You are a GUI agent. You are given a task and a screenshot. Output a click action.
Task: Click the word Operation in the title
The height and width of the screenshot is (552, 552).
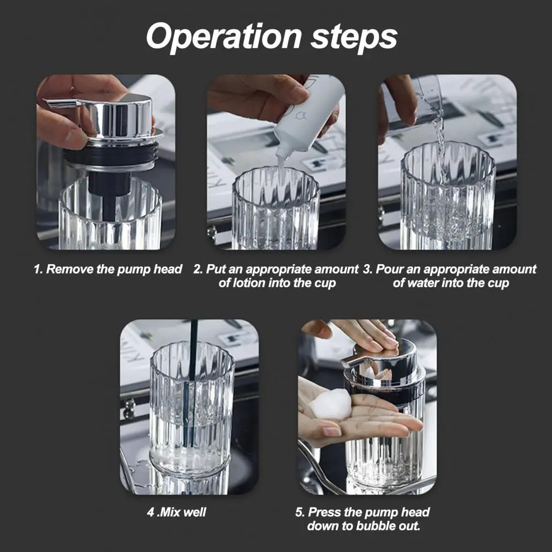tap(224, 37)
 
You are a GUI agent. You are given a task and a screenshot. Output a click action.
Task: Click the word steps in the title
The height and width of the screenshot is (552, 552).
tap(354, 37)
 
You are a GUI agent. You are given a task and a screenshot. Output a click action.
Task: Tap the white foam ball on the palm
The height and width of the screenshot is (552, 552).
tap(331, 404)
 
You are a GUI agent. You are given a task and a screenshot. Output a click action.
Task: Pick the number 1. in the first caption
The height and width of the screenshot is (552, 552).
tap(38, 269)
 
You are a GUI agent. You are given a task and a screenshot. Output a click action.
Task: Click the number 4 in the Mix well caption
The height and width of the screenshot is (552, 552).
tap(151, 512)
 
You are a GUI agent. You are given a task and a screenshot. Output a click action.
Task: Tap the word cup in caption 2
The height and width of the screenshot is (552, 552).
tap(326, 284)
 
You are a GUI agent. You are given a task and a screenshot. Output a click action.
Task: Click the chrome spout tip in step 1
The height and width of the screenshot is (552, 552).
tap(46, 101)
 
